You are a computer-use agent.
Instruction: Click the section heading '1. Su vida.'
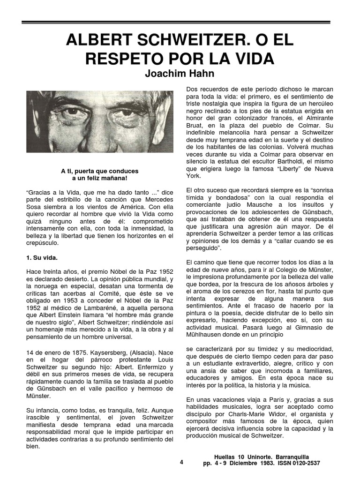point(42,258)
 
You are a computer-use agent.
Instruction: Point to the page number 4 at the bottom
point(181,462)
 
